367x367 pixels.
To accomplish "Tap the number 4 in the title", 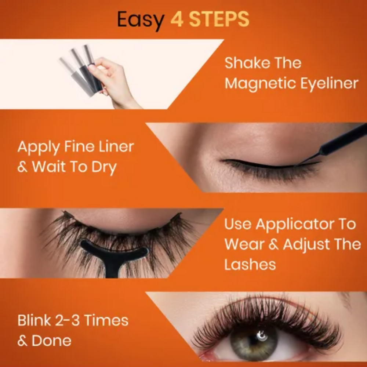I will pyautogui.click(x=177, y=19).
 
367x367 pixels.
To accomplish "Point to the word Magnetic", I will pyautogui.click(x=259, y=83).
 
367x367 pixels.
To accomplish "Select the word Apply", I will pyautogui.click(x=38, y=147).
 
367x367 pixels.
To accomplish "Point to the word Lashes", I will pyautogui.click(x=250, y=264).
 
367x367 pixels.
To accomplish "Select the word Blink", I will pyautogui.click(x=34, y=320).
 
